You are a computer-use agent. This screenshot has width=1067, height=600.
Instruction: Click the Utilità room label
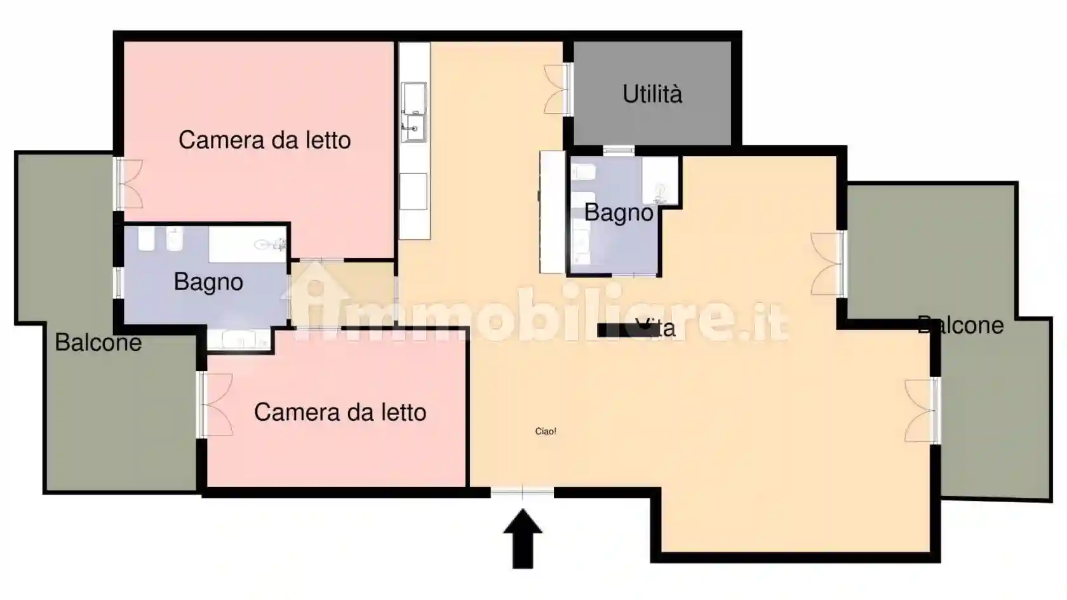pyautogui.click(x=652, y=94)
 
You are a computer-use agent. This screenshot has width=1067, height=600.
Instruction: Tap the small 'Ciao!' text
pyautogui.click(x=546, y=431)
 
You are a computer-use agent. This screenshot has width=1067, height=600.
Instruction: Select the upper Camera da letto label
pyautogui.click(x=264, y=140)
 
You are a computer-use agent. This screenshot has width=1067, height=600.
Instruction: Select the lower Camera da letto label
pyautogui.click(x=340, y=412)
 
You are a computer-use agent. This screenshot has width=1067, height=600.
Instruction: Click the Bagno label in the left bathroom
pyautogui.click(x=208, y=281)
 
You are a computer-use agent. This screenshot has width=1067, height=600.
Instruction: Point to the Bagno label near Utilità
pyautogui.click(x=618, y=212)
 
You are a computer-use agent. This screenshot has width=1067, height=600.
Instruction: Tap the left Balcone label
pyautogui.click(x=98, y=342)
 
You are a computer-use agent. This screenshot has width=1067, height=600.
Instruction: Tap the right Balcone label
pyautogui.click(x=960, y=325)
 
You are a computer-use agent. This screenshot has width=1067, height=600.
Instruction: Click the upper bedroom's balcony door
pyautogui.click(x=127, y=183)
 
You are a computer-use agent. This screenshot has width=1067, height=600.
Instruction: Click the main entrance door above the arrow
pyautogui.click(x=522, y=492)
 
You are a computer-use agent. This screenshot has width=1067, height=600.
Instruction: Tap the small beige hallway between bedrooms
pyautogui.click(x=343, y=293)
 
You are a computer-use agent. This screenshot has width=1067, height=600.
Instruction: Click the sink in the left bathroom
pyautogui.click(x=270, y=244)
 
